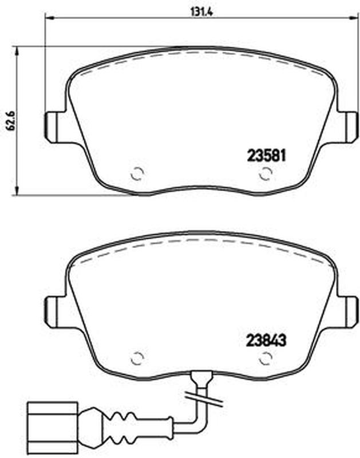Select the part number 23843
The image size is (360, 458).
(266, 339)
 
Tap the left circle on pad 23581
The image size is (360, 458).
(137, 174)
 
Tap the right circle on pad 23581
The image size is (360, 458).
(266, 174)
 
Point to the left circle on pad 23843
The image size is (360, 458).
(137, 358)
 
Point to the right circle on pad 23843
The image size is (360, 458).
(266, 358)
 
